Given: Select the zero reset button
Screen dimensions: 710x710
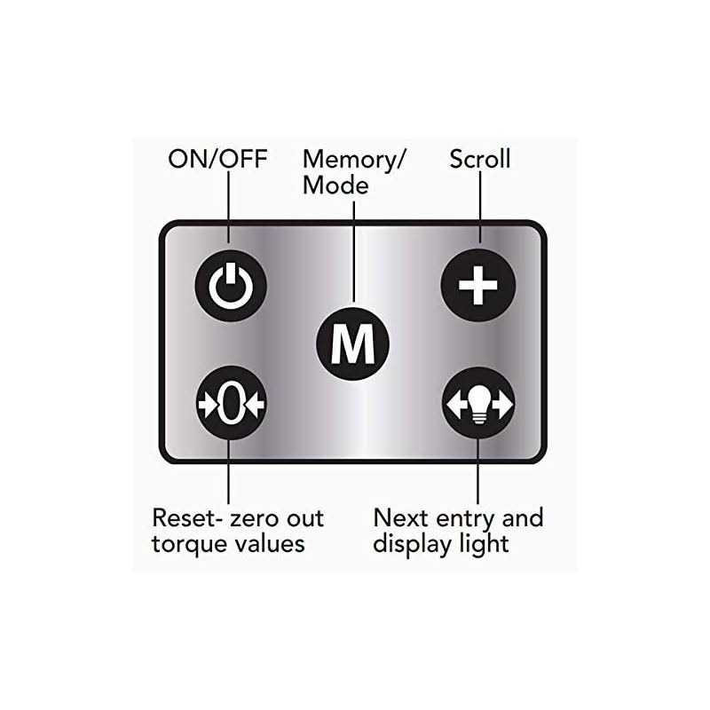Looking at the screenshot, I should point(229,404).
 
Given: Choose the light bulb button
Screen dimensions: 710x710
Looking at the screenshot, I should point(478,404).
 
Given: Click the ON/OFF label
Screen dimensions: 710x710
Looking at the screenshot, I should point(217,160).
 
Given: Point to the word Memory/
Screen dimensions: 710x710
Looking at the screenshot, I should point(354,160).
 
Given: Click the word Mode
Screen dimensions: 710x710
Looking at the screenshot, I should point(335,185).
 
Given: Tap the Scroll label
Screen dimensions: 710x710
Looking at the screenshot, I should point(479,160).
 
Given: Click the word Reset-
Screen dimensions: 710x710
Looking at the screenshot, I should point(191,517).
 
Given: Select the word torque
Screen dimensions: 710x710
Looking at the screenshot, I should point(190,543).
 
